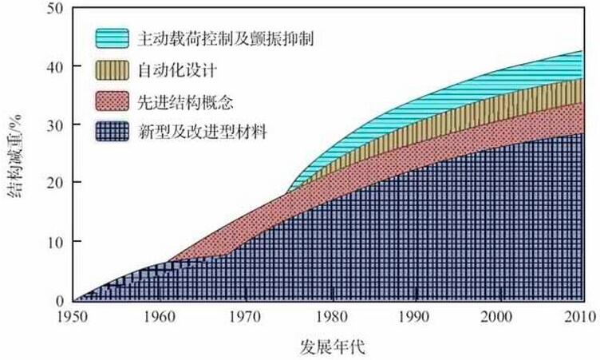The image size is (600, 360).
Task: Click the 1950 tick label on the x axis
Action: (x=73, y=316)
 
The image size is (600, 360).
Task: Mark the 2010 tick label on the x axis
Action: (x=583, y=316)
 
